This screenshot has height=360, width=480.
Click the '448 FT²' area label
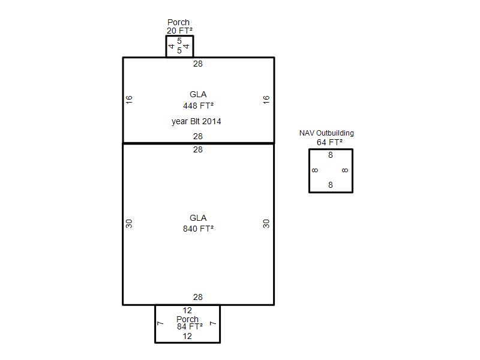[x=198, y=106]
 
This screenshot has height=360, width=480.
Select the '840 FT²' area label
[x=198, y=229]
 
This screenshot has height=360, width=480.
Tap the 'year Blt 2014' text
[x=196, y=122]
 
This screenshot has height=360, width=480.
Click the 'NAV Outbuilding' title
[x=326, y=133]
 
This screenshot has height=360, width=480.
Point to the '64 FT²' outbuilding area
[x=329, y=142]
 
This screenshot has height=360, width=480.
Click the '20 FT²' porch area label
[x=179, y=31]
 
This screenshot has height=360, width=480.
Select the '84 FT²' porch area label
[x=190, y=326]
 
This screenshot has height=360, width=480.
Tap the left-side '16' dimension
[x=129, y=100]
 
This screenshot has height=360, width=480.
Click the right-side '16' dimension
[x=266, y=100]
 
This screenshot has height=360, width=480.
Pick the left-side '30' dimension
[x=129, y=224]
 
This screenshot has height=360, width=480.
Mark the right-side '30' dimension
[x=266, y=224]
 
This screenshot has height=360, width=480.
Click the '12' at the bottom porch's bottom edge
[x=187, y=336]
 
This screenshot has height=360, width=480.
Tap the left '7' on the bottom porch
[x=160, y=323]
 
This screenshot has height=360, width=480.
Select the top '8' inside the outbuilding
[x=331, y=155]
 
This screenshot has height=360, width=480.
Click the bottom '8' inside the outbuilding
[x=331, y=185]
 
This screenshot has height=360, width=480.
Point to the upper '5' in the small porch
[x=179, y=41]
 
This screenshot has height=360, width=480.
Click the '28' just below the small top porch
[x=198, y=64]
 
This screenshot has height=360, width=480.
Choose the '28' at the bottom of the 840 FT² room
[x=198, y=297]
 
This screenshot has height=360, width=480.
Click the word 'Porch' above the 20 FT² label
[x=178, y=22]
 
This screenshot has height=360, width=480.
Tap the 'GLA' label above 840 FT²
[x=198, y=218]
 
